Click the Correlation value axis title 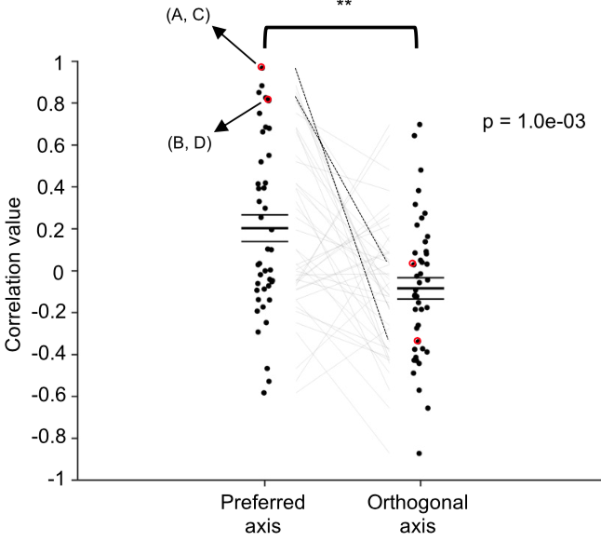tap(15, 270)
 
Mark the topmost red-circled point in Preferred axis tap(261, 67)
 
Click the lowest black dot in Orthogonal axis tap(419, 453)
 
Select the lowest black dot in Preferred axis tap(264, 393)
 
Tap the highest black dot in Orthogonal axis tap(420, 124)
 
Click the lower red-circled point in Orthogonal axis tap(418, 341)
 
